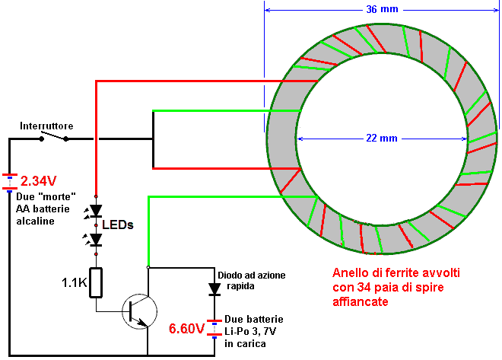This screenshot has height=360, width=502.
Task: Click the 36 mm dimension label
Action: (x=382, y=9)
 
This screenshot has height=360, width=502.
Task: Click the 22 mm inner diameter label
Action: (x=382, y=139)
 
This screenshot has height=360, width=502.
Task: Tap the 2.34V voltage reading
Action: (x=39, y=181)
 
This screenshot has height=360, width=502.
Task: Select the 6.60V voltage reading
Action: (x=186, y=329)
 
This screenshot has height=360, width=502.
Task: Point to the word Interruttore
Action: (x=46, y=126)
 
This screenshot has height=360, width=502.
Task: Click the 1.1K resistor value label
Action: (x=75, y=282)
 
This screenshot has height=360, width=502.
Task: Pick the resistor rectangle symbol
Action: (x=96, y=283)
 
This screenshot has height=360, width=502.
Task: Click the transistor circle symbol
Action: (x=140, y=311)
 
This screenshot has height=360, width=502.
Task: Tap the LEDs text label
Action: (x=117, y=225)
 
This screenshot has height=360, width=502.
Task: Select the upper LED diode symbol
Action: (x=96, y=211)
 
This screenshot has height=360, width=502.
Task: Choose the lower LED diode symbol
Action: (x=96, y=240)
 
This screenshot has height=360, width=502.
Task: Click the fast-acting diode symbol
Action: (x=214, y=289)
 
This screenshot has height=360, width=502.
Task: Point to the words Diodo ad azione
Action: (x=252, y=275)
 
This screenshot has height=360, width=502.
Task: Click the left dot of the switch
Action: (x=41, y=139)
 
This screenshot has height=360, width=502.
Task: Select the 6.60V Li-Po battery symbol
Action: (x=214, y=330)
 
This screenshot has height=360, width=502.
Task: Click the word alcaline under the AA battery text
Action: (x=35, y=221)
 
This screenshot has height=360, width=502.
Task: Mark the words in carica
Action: (x=245, y=344)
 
